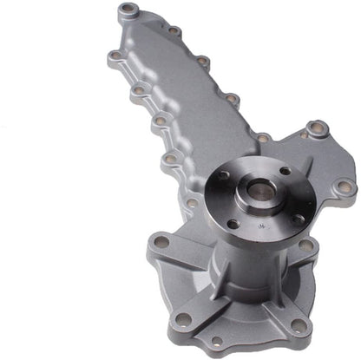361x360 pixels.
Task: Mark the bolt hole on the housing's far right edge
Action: pyautogui.click(x=345, y=187)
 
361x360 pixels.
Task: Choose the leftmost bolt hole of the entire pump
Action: pyautogui.click(x=115, y=58)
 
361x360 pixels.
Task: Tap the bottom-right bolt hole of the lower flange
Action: pyautogui.click(x=299, y=326)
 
